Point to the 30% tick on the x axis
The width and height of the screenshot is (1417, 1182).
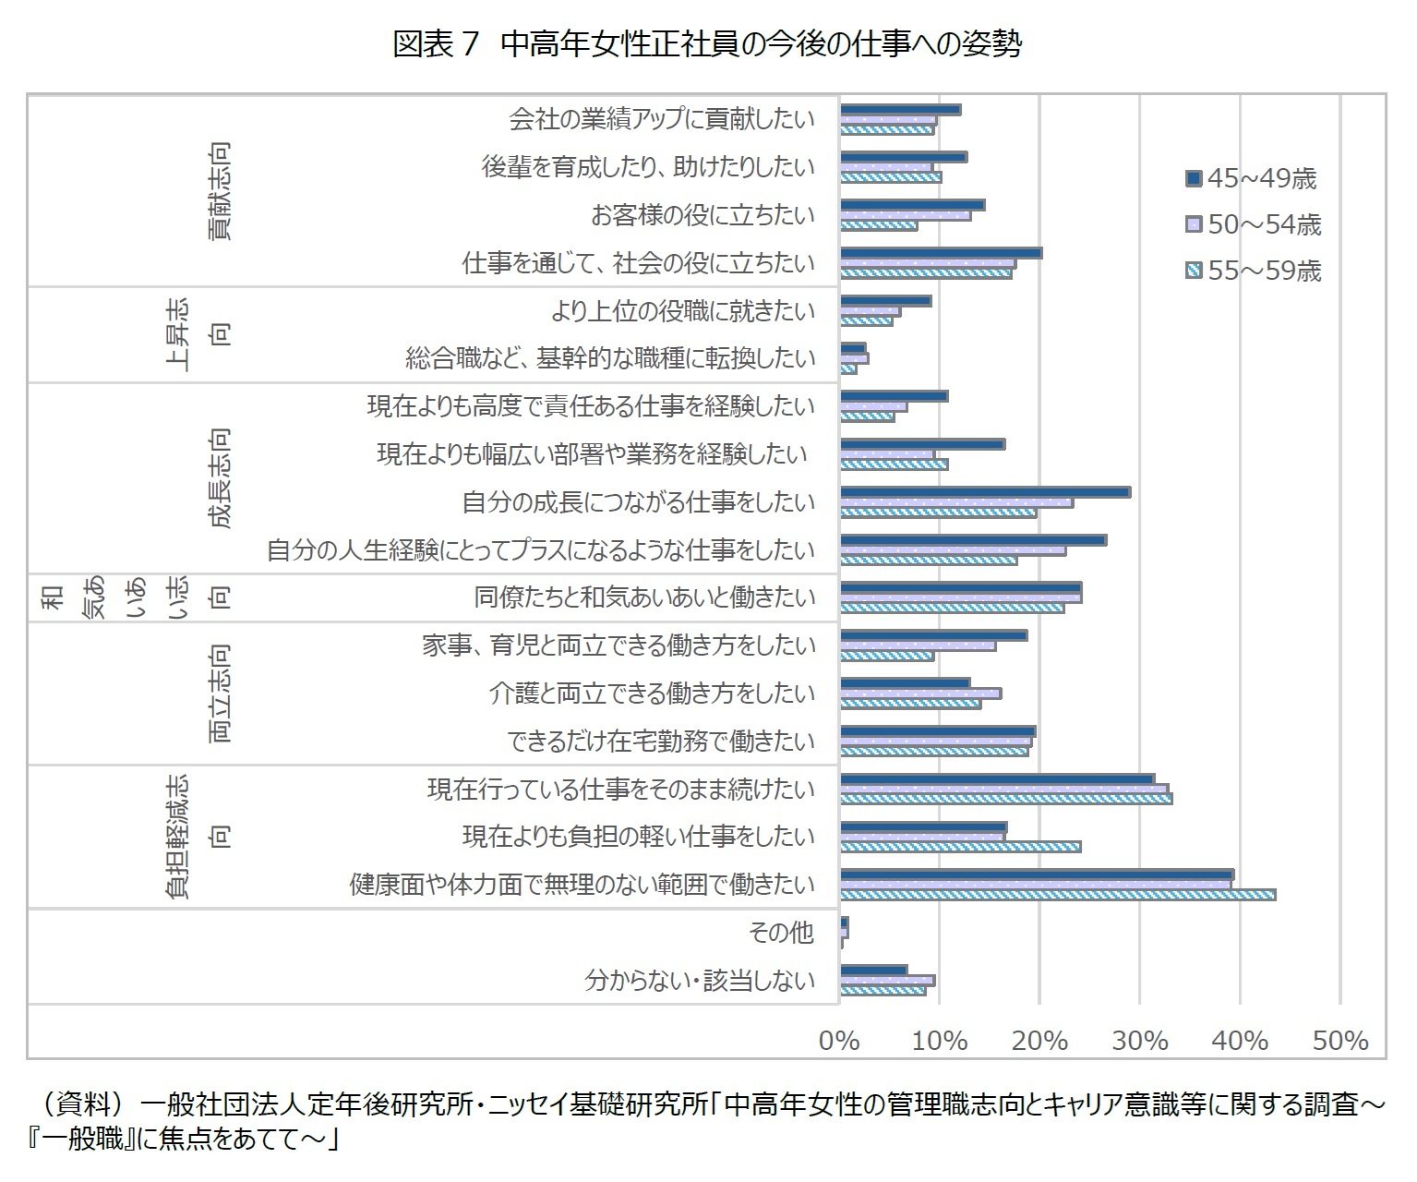click(1139, 1041)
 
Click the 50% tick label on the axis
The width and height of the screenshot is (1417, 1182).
click(1339, 1041)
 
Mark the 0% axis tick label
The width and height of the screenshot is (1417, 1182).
click(839, 1041)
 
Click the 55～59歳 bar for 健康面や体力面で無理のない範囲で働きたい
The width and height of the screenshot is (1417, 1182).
click(1058, 895)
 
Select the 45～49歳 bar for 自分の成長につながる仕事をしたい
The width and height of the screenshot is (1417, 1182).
click(985, 492)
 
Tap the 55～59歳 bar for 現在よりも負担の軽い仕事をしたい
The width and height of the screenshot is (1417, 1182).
click(960, 847)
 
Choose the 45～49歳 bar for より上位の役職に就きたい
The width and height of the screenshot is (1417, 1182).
click(885, 301)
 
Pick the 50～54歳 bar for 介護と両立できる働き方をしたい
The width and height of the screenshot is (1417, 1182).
click(920, 694)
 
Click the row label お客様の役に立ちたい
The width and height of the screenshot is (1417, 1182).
click(703, 215)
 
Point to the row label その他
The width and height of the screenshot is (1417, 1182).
click(781, 933)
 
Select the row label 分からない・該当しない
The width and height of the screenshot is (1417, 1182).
click(701, 981)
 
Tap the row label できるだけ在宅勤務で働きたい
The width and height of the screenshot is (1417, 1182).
click(662, 742)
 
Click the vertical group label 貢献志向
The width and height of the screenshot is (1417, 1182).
click(219, 191)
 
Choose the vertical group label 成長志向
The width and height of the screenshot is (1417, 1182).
click(219, 477)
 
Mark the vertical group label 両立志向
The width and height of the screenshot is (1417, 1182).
click(219, 694)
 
